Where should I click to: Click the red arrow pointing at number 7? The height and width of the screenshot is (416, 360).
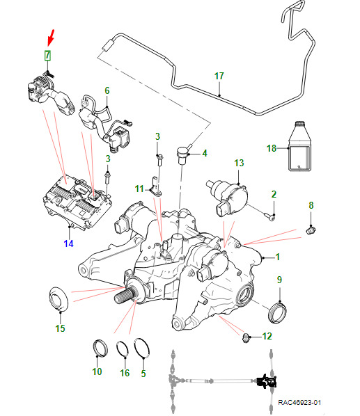(51, 37)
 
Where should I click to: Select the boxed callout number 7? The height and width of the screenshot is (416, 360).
(47, 56)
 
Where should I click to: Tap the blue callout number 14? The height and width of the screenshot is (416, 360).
(68, 243)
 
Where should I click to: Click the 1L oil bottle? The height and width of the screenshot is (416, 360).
(299, 146)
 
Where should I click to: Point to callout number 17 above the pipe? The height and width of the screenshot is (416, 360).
(219, 76)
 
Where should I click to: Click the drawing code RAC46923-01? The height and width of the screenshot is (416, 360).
(299, 402)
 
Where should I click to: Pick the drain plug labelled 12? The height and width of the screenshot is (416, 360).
(246, 338)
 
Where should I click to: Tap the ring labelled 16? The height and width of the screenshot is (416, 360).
(123, 349)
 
